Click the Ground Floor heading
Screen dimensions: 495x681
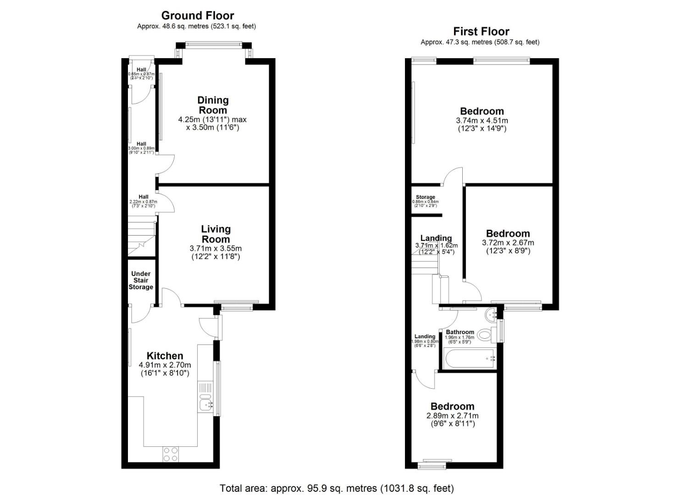pyautogui.click(x=197, y=16)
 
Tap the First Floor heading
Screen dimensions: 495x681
pyautogui.click(x=481, y=31)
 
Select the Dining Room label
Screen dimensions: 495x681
pyautogui.click(x=213, y=105)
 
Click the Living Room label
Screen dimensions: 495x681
pyautogui.click(x=216, y=234)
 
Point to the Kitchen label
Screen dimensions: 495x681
pyautogui.click(x=165, y=356)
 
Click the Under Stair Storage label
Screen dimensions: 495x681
pyautogui.click(x=141, y=280)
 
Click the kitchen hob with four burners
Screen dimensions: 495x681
pyautogui.click(x=171, y=454)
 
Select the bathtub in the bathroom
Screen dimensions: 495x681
pyautogui.click(x=469, y=357)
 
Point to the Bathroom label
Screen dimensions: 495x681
pyautogui.click(x=460, y=332)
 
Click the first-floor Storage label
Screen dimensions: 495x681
pyautogui.click(x=425, y=197)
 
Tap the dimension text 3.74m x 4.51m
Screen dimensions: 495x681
pyautogui.click(x=482, y=121)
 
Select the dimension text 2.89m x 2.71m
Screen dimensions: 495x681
pyautogui.click(x=452, y=416)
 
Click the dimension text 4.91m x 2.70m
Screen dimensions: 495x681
pyautogui.click(x=165, y=365)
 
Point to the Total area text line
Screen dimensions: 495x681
pyautogui.click(x=337, y=488)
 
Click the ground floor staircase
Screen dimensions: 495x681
pyautogui.click(x=141, y=237)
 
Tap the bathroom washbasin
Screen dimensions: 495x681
pyautogui.click(x=492, y=314)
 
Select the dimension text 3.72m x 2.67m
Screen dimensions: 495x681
pyautogui.click(x=508, y=242)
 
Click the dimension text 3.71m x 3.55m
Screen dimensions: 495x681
pyautogui.click(x=216, y=248)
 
